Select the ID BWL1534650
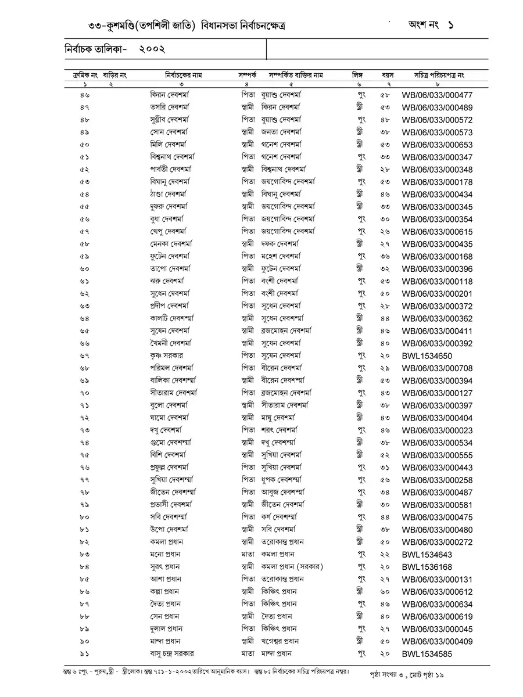tap(427, 356)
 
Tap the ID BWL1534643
tap(427, 555)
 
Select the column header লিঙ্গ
tap(357, 76)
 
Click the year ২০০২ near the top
tap(152, 50)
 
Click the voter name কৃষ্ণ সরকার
tap(167, 355)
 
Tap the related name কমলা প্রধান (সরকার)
tap(292, 567)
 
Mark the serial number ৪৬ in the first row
tap(85, 95)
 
